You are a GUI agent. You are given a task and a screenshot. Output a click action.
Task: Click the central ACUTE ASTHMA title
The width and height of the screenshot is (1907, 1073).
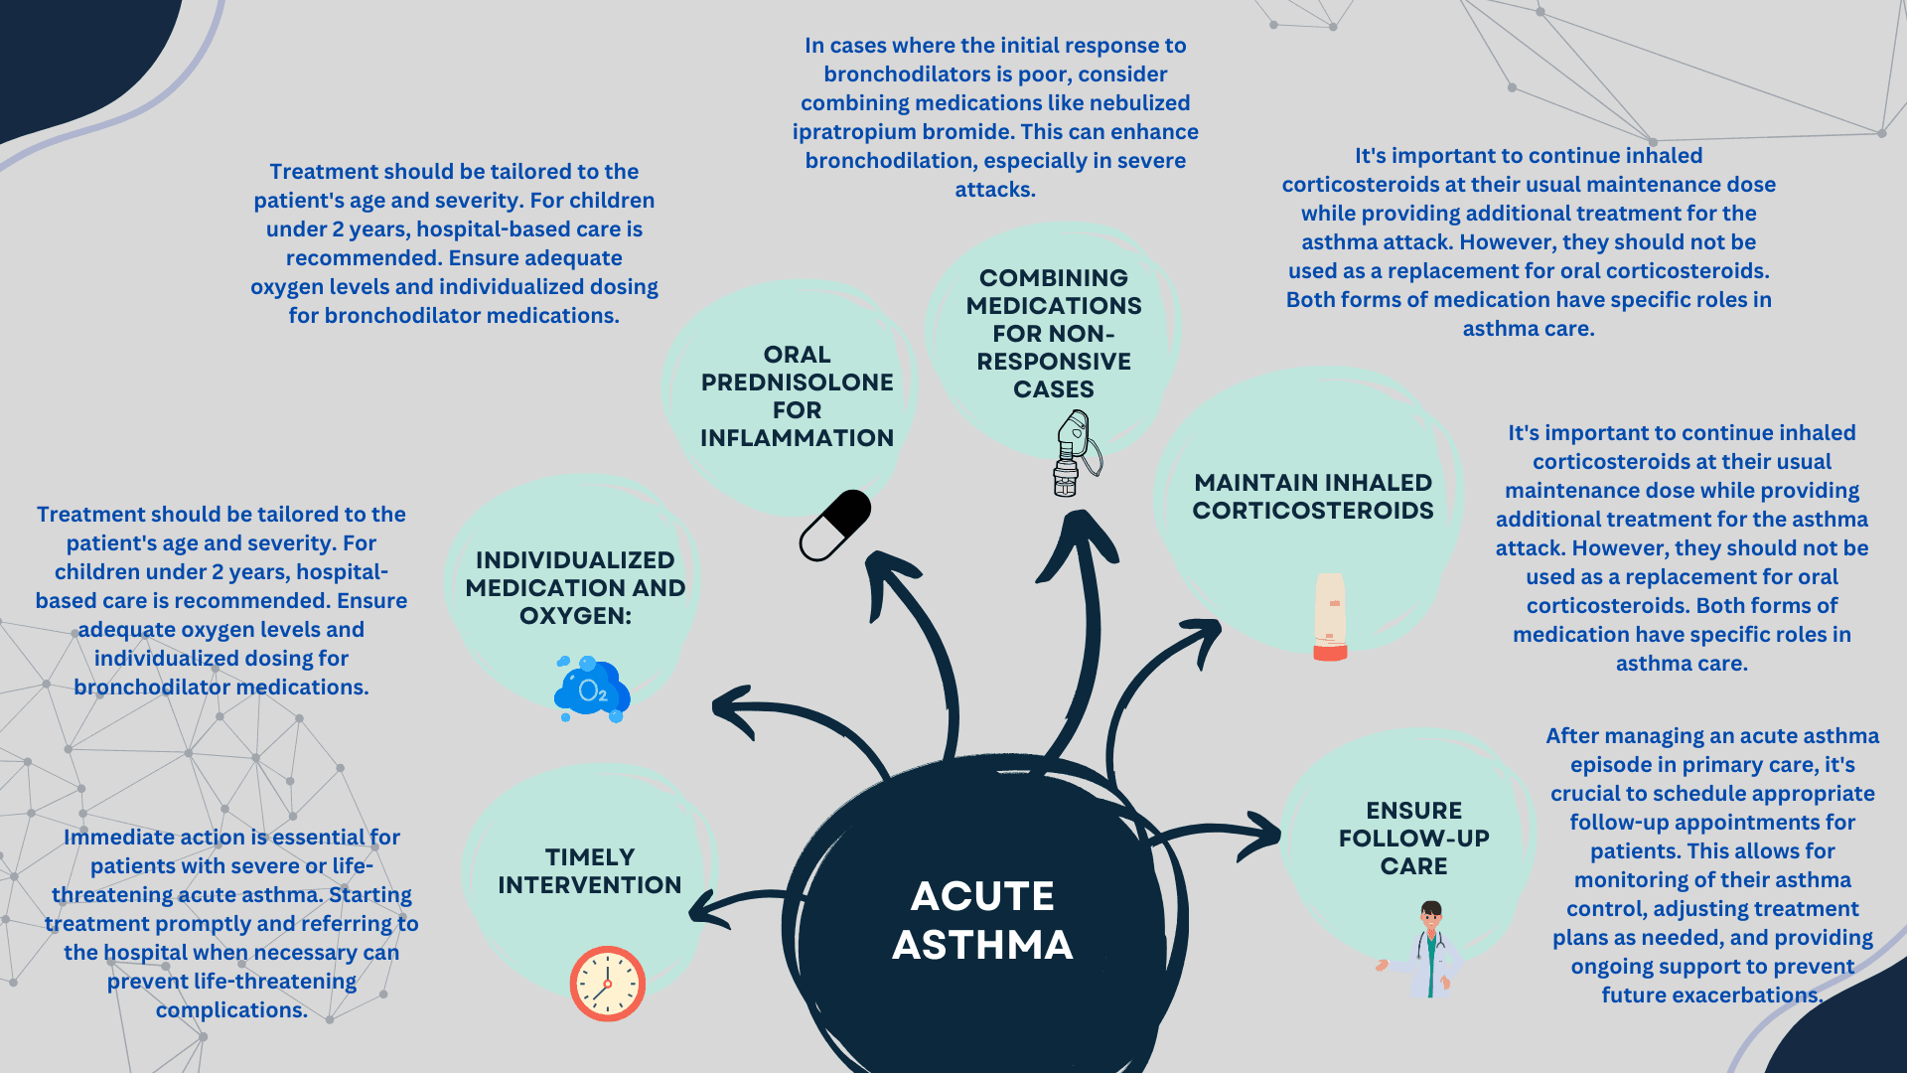tap(982, 920)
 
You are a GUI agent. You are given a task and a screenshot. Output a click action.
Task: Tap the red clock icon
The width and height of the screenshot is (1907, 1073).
tap(607, 984)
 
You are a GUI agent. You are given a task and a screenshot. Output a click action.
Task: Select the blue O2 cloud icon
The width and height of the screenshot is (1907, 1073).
tap(592, 689)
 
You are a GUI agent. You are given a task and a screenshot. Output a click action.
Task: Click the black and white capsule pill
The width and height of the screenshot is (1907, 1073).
tap(835, 525)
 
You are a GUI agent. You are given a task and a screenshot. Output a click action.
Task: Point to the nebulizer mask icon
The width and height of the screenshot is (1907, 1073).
tap(1076, 453)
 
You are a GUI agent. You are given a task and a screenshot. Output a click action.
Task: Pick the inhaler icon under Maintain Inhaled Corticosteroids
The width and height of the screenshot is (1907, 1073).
tap(1330, 617)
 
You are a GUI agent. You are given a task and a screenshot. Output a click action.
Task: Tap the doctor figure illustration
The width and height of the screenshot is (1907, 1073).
tap(1428, 949)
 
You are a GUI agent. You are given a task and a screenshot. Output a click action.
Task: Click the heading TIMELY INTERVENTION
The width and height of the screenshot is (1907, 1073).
tap(589, 870)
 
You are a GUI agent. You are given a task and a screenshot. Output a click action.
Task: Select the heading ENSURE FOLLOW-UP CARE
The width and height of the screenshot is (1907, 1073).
tap(1413, 838)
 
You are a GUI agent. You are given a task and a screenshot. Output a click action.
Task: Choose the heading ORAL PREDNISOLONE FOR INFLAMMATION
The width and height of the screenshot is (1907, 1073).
tap(797, 395)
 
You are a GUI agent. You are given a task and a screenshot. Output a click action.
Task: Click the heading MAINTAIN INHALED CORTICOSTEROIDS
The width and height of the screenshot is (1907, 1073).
tap(1313, 496)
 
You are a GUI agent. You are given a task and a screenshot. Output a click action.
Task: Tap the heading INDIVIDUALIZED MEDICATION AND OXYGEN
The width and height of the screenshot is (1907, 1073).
tap(575, 587)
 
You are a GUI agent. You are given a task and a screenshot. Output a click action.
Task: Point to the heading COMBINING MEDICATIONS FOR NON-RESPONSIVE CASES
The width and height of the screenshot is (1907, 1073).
tap(1054, 333)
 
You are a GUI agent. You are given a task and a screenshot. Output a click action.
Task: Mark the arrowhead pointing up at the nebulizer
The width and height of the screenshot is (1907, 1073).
tap(1080, 541)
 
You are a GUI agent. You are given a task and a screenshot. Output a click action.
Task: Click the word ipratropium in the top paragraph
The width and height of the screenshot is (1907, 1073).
tap(853, 131)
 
